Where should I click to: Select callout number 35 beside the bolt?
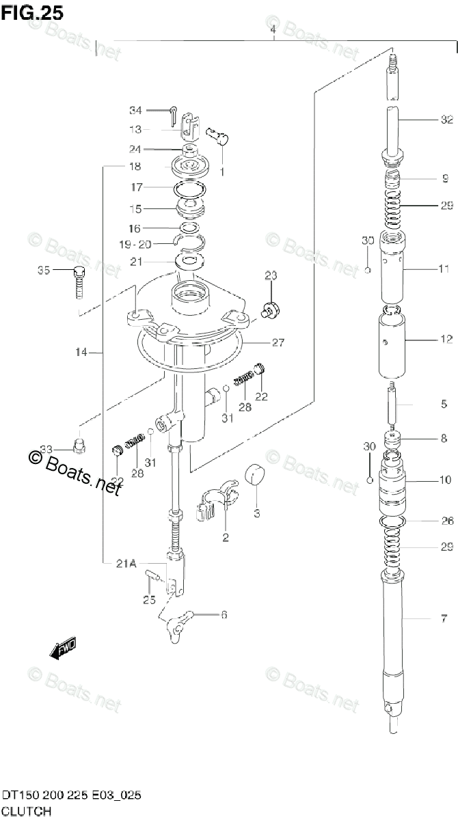[x=44, y=272]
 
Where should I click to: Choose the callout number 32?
[x=446, y=120]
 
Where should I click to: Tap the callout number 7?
[x=444, y=619]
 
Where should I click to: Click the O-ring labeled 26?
[x=392, y=522]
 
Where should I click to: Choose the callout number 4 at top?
[x=273, y=29]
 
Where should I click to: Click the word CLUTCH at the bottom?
[x=25, y=811]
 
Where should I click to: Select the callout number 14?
[x=81, y=353]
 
